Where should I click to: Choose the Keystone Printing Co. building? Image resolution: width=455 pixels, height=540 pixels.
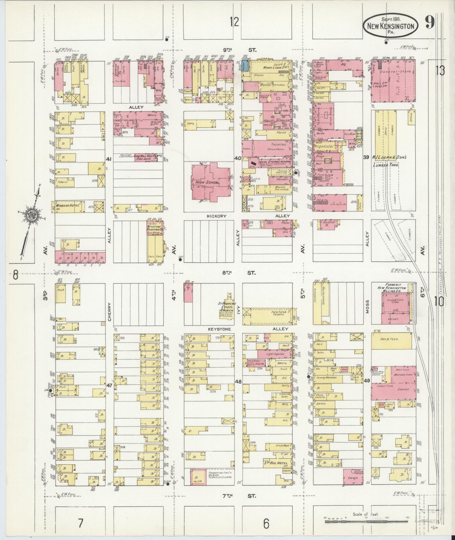tap(154, 228)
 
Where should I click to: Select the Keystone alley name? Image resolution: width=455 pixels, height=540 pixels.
tap(219, 329)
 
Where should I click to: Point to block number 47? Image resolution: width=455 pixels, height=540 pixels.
tap(109, 384)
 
